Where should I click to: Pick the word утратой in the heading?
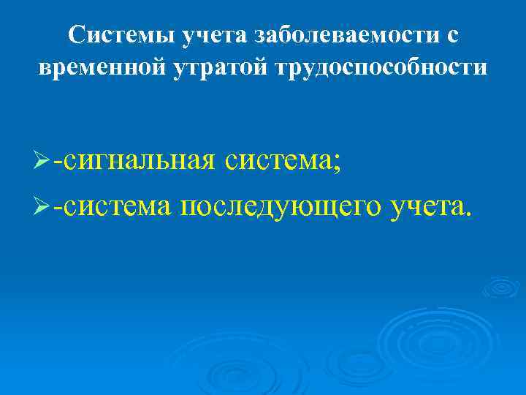(213, 67)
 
